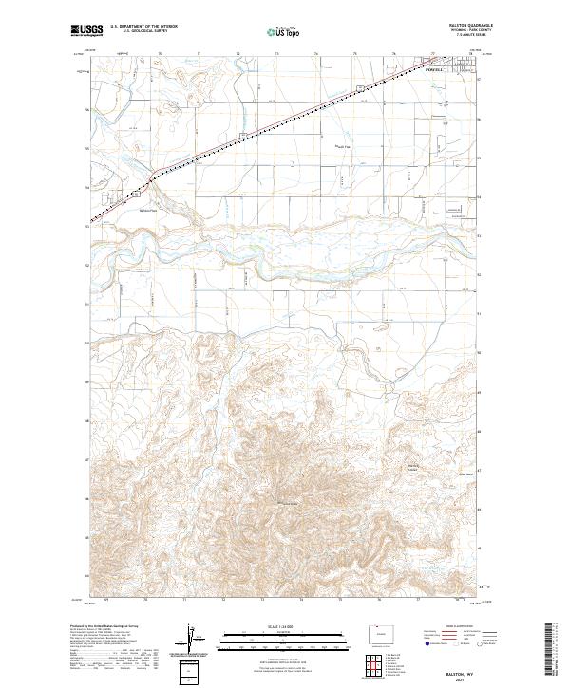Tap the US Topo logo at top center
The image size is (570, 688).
pyautogui.click(x=283, y=32)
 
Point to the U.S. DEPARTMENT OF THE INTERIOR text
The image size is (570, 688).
pyautogui.click(x=143, y=28)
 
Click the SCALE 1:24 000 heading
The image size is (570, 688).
pyautogui.click(x=284, y=625)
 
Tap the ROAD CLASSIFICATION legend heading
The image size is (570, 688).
pyautogui.click(x=454, y=627)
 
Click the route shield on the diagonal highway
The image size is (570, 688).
pyautogui.click(x=359, y=89)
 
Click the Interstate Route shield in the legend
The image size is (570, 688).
pyautogui.click(x=423, y=642)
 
